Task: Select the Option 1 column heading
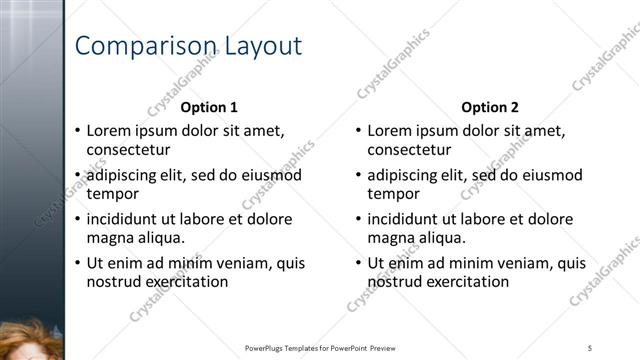pos(209,107)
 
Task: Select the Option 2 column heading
pos(490,107)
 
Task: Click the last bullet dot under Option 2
pos(359,263)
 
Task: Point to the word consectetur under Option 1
pos(129,150)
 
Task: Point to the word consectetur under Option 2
pos(410,150)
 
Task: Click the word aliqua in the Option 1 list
pos(159,238)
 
